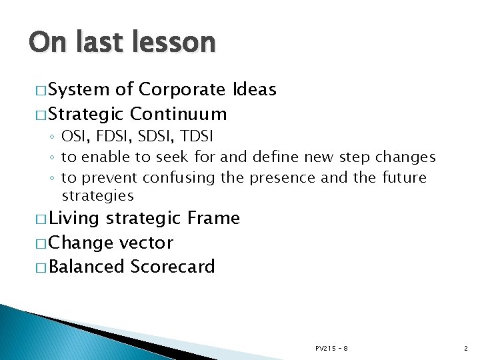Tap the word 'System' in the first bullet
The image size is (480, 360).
click(79, 90)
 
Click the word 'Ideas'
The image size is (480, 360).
click(255, 90)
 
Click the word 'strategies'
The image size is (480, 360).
click(97, 196)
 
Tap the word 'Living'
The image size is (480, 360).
click(74, 218)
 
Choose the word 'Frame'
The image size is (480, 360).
click(213, 218)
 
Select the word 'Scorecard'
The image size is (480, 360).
click(173, 267)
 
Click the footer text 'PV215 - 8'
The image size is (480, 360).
click(331, 348)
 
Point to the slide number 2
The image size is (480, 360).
click(465, 348)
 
